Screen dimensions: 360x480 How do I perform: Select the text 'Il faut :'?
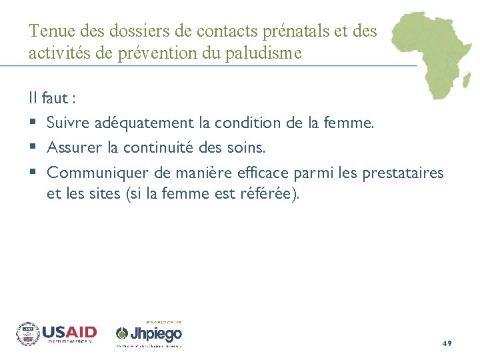52,99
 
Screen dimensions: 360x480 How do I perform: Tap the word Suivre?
68,123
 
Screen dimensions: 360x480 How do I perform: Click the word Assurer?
73,147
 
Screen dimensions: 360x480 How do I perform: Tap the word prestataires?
402,173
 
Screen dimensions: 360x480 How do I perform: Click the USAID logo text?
69,332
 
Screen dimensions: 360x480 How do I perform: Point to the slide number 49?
447,343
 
